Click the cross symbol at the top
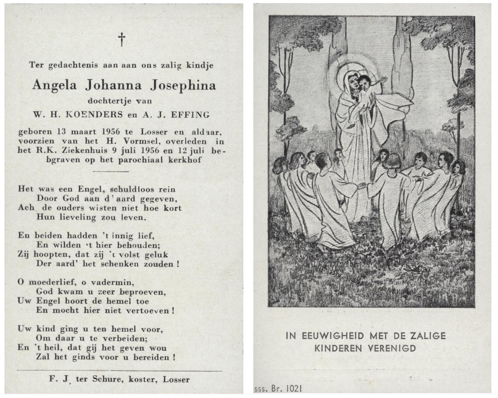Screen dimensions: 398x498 click(122, 39)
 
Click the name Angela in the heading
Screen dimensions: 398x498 click(55, 86)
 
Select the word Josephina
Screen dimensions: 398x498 click(183, 86)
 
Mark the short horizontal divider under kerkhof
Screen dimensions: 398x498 click(111, 171)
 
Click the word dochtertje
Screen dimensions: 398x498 click(106, 100)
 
